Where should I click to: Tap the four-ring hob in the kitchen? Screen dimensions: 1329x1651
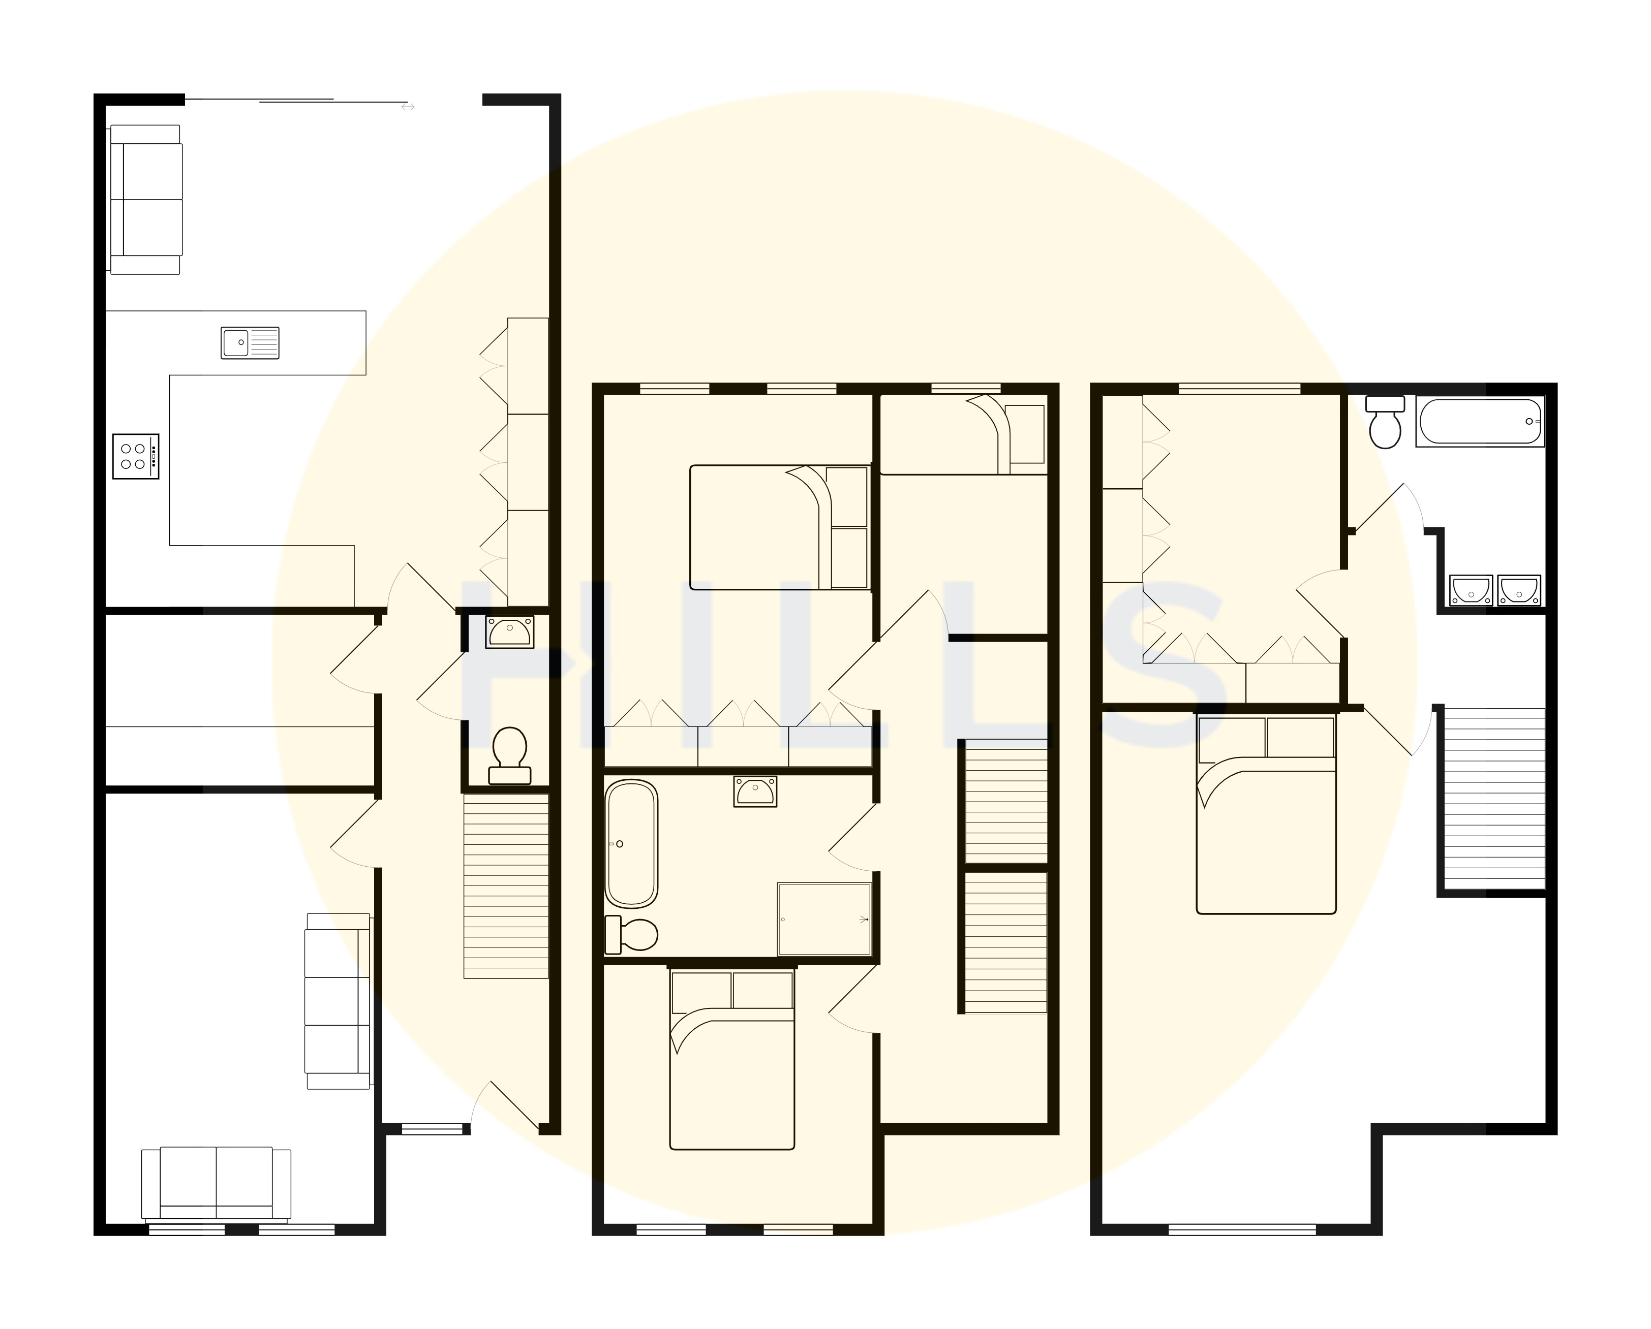[136, 456]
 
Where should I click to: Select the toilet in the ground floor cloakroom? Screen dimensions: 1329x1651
[509, 755]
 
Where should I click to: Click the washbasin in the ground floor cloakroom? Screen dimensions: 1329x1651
[510, 632]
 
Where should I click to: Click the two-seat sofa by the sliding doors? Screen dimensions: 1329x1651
[145, 200]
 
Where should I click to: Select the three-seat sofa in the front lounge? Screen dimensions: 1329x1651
[338, 1001]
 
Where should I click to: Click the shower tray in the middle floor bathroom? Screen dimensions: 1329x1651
[824, 919]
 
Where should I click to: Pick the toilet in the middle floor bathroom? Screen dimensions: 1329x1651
[632, 935]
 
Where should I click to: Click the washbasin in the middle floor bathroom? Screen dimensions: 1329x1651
[755, 791]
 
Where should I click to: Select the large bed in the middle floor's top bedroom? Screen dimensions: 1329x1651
[780, 527]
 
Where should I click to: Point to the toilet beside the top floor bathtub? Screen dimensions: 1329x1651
[1385, 423]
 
